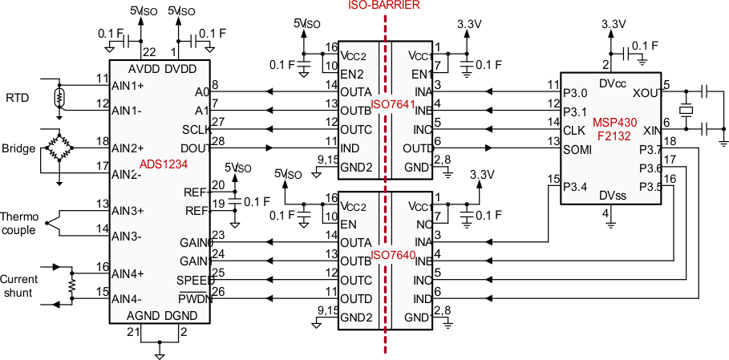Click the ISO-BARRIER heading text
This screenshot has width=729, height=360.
384,6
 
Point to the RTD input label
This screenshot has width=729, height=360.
17,98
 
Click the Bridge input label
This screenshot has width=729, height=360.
18,148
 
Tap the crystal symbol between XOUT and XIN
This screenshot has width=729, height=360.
686,109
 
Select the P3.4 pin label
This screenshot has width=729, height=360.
576,188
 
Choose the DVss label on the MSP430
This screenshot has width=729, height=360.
612,195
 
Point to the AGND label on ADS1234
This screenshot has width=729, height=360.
144,315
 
